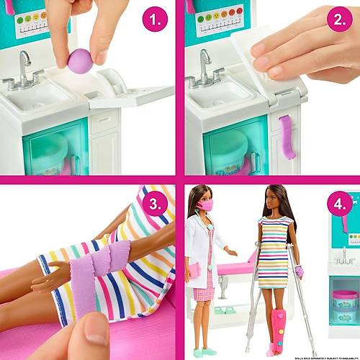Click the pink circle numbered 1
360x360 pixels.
pyautogui.click(x=155, y=19)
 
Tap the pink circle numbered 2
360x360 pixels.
pyautogui.click(x=340, y=19)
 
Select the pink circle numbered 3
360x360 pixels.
pyautogui.click(x=155, y=204)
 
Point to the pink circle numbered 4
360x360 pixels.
pyautogui.click(x=340, y=204)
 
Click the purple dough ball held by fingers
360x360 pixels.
pyautogui.click(x=80, y=61)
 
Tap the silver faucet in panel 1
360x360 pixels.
pyautogui.click(x=24, y=68)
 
